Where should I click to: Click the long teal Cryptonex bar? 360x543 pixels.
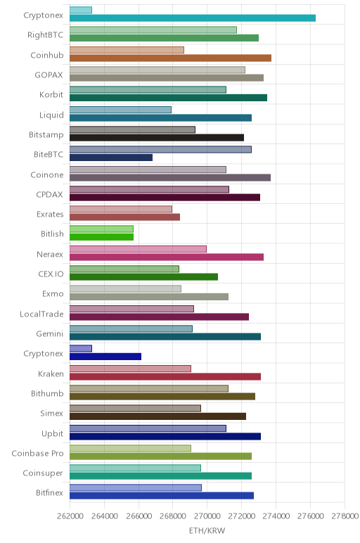coord(193,18)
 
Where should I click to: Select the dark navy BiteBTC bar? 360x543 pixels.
coord(111,158)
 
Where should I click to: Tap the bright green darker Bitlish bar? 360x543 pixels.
coord(101,237)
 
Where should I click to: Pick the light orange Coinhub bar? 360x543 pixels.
coord(127,50)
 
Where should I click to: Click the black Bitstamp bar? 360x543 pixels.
coord(157,137)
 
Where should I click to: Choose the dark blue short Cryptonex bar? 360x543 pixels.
coord(105,357)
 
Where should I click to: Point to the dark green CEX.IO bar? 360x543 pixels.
coord(143,276)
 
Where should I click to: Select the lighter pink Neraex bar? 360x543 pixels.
coord(138,249)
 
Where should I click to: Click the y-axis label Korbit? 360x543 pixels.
coord(51,94)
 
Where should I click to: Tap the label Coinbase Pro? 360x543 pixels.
coord(37,453)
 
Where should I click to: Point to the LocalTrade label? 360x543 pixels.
coord(41,314)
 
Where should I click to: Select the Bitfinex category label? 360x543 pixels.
coord(49,493)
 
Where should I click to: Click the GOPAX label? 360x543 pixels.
coord(49,75)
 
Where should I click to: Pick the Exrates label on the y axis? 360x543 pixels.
coord(50,215)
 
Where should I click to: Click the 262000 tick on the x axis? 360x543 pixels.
coord(70,516)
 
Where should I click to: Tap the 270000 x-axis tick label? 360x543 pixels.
coord(207,516)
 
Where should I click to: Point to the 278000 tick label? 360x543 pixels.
coord(345,516)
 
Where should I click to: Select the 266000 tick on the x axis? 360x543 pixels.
coord(139,516)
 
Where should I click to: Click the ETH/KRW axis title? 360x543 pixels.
coord(207,530)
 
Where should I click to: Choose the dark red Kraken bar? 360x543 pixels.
coord(165,376)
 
